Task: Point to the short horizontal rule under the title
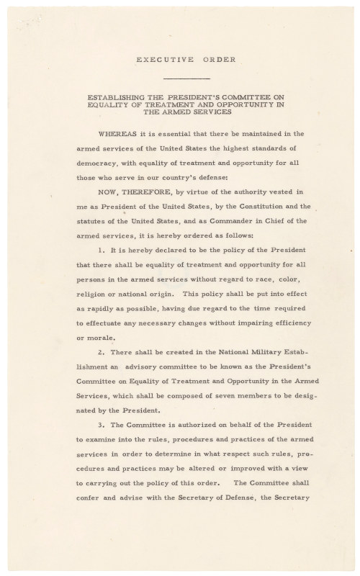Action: [186, 77]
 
